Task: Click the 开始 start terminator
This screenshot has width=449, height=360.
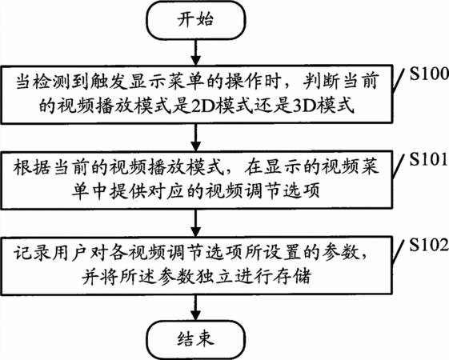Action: tap(196, 20)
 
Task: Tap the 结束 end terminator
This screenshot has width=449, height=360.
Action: tap(196, 339)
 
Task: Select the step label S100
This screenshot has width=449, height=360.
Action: tap(429, 74)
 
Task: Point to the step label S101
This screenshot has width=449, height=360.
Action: tap(429, 159)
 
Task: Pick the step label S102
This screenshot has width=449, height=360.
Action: tap(429, 245)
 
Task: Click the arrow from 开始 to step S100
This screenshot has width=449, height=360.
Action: tap(196, 52)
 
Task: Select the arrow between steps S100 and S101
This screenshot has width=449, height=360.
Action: tap(196, 138)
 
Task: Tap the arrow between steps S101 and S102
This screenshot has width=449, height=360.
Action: tap(196, 223)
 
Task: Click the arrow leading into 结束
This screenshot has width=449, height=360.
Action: tap(196, 307)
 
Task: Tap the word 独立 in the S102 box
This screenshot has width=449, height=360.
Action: tap(215, 277)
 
